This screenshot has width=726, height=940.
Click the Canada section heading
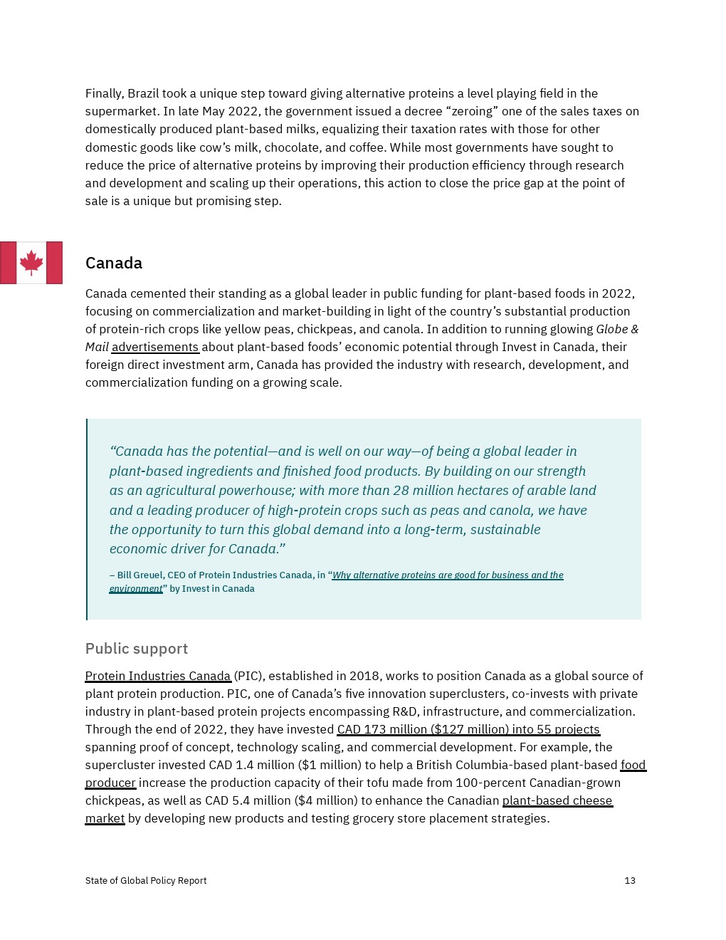point(114,263)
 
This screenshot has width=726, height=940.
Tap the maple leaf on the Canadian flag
point(31,262)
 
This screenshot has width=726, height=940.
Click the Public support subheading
point(137,649)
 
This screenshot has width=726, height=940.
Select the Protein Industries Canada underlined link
point(158,676)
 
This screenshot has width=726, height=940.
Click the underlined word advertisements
point(155,347)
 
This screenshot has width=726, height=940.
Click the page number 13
point(630,881)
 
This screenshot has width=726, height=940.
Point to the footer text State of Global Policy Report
point(146,881)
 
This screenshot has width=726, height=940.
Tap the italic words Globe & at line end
point(617,329)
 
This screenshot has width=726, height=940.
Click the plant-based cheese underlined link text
point(557,800)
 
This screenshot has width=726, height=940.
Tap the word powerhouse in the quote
point(260,491)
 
